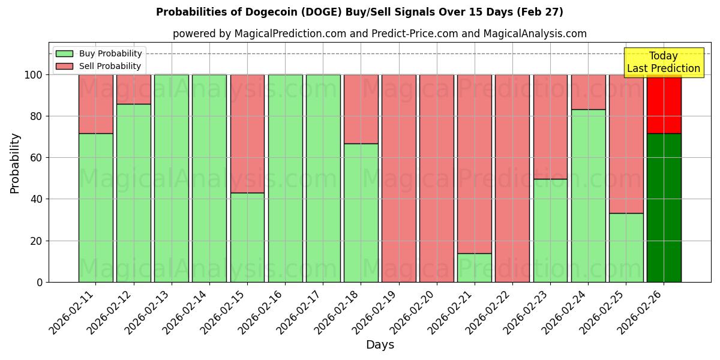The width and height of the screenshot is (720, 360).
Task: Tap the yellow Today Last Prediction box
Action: pos(663,62)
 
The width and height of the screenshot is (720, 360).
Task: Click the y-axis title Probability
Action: pos(16,163)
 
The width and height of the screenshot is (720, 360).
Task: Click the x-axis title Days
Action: pos(380,345)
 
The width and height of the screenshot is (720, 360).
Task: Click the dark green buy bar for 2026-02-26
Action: pos(664,207)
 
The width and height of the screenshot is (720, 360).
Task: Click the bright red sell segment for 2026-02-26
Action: pos(664,104)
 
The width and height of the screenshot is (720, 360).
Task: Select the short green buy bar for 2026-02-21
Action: pos(474,268)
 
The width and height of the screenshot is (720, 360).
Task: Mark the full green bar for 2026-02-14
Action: pos(209,178)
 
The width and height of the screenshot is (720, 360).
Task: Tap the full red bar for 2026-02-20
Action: pos(436,178)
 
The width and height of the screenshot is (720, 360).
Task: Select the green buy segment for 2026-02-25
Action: pos(626,247)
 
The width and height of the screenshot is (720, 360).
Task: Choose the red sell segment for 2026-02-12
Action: pos(133,89)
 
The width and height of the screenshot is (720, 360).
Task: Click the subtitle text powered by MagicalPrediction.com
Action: pos(380,34)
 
